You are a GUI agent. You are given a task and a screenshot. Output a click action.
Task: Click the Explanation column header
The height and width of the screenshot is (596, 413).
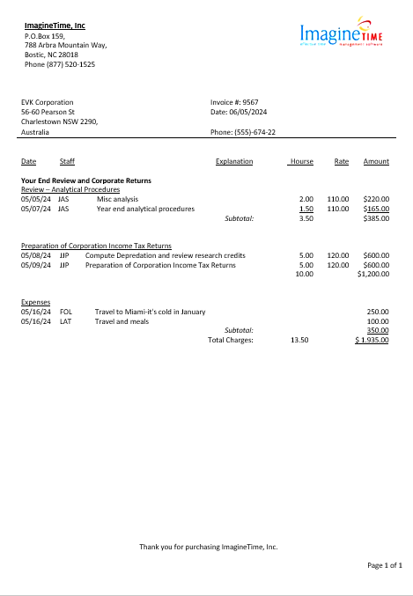click(x=233, y=161)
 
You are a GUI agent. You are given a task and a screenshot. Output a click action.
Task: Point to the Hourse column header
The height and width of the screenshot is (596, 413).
click(x=301, y=161)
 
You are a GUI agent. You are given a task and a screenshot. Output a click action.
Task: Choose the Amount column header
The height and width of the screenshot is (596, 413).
click(x=376, y=161)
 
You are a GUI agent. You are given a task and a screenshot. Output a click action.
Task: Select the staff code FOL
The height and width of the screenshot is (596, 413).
click(x=66, y=312)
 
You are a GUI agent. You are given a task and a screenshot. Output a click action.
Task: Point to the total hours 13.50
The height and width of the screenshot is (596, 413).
click(x=299, y=339)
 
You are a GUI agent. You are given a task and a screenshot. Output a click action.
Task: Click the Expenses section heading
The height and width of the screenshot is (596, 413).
click(x=36, y=302)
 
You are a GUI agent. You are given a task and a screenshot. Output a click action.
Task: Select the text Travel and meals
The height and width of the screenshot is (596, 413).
click(x=122, y=321)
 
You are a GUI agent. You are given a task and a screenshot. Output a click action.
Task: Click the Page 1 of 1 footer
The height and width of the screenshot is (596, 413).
click(x=385, y=565)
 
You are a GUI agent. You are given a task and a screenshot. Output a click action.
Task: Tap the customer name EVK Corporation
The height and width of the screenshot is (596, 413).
click(x=48, y=102)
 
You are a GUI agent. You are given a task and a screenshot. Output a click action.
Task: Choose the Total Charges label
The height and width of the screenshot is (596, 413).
click(x=231, y=339)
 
